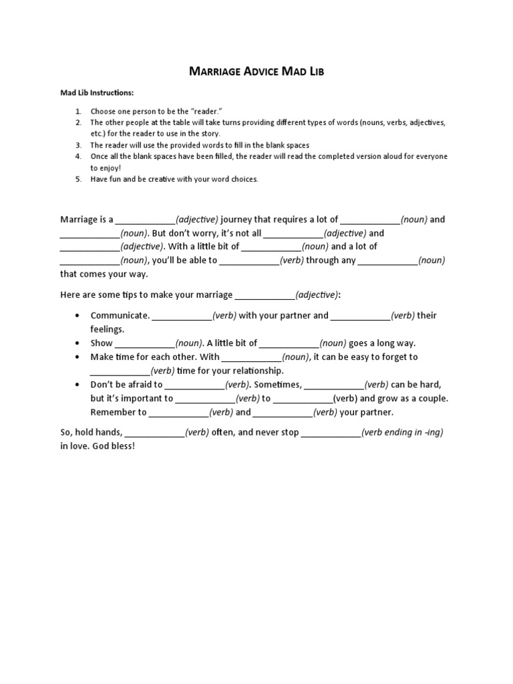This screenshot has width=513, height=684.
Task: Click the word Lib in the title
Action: [315, 71]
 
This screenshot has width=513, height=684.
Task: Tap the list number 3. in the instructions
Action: [78, 145]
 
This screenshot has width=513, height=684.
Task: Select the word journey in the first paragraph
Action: [238, 219]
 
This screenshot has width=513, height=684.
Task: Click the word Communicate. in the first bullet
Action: [120, 315]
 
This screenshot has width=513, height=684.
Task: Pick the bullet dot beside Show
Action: [79, 343]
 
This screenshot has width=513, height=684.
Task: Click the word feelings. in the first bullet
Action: [108, 329]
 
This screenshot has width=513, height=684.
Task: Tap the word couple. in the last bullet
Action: [431, 398]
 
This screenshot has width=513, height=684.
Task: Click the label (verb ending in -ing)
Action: [402, 432]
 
